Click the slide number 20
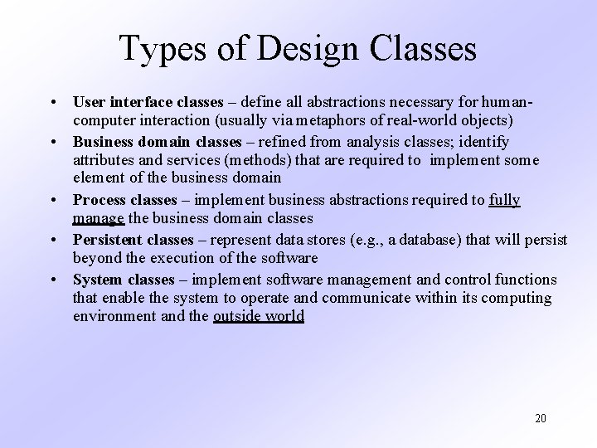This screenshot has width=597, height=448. click(x=540, y=417)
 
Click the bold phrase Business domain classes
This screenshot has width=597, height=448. click(x=156, y=143)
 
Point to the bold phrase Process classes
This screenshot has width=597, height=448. click(x=124, y=200)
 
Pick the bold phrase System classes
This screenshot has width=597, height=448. click(x=124, y=280)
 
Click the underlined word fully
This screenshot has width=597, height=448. click(x=504, y=200)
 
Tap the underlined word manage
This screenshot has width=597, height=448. click(x=99, y=219)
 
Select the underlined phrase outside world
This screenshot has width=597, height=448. click(x=259, y=316)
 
